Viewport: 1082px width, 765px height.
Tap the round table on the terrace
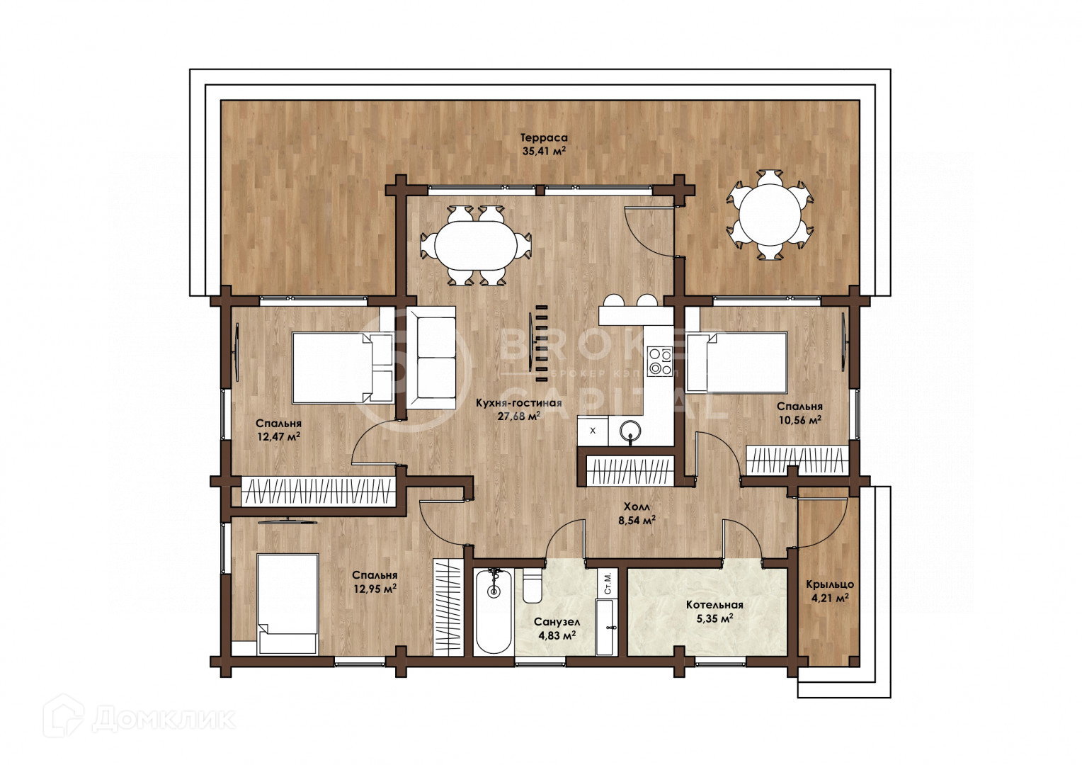point(770,215)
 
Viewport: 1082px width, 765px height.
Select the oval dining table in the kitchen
point(477,246)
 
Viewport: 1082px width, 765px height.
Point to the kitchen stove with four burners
point(660,361)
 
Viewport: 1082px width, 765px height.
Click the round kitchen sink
point(630,429)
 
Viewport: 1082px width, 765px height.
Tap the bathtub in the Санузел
point(493,612)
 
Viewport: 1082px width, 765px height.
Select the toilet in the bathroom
point(533,586)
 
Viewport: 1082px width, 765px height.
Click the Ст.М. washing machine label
point(607,583)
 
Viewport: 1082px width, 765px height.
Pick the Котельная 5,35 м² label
point(714,611)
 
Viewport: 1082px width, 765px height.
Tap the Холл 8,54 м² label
point(637,514)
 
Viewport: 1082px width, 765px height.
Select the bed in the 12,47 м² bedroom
point(343,368)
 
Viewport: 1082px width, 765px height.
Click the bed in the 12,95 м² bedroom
point(287,604)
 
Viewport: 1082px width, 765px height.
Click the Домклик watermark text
point(164,719)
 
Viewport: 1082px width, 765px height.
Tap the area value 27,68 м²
point(519,416)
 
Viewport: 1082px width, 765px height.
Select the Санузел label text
point(557,622)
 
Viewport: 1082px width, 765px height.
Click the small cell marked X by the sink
point(593,431)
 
